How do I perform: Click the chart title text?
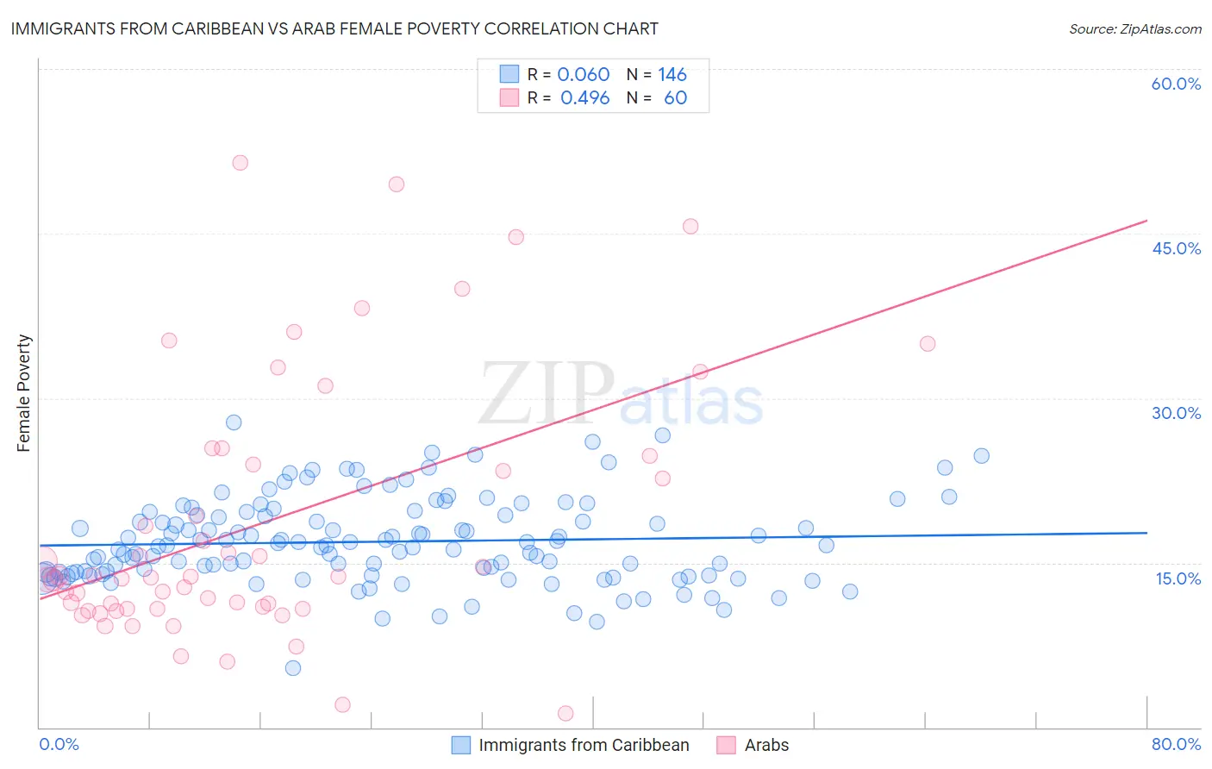[334, 28]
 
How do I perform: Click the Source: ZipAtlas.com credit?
[1134, 28]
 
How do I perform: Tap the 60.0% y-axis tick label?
[1176, 84]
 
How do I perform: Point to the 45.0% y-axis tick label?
[1176, 248]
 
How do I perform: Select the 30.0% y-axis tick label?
[1176, 413]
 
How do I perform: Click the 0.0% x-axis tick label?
[59, 744]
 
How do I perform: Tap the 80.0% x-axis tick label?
[1176, 744]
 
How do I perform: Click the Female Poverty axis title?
[24, 393]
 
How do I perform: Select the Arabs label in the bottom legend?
[766, 745]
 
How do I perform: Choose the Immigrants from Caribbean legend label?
[584, 745]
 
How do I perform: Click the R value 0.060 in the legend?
[584, 75]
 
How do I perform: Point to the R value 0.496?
[585, 98]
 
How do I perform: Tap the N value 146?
[672, 75]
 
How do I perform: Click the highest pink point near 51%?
[241, 163]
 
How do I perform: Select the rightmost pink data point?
[928, 344]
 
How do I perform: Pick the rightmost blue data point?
[981, 456]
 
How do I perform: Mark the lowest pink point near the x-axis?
[565, 713]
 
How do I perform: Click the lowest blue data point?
[293, 668]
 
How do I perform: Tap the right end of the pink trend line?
[1146, 221]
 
